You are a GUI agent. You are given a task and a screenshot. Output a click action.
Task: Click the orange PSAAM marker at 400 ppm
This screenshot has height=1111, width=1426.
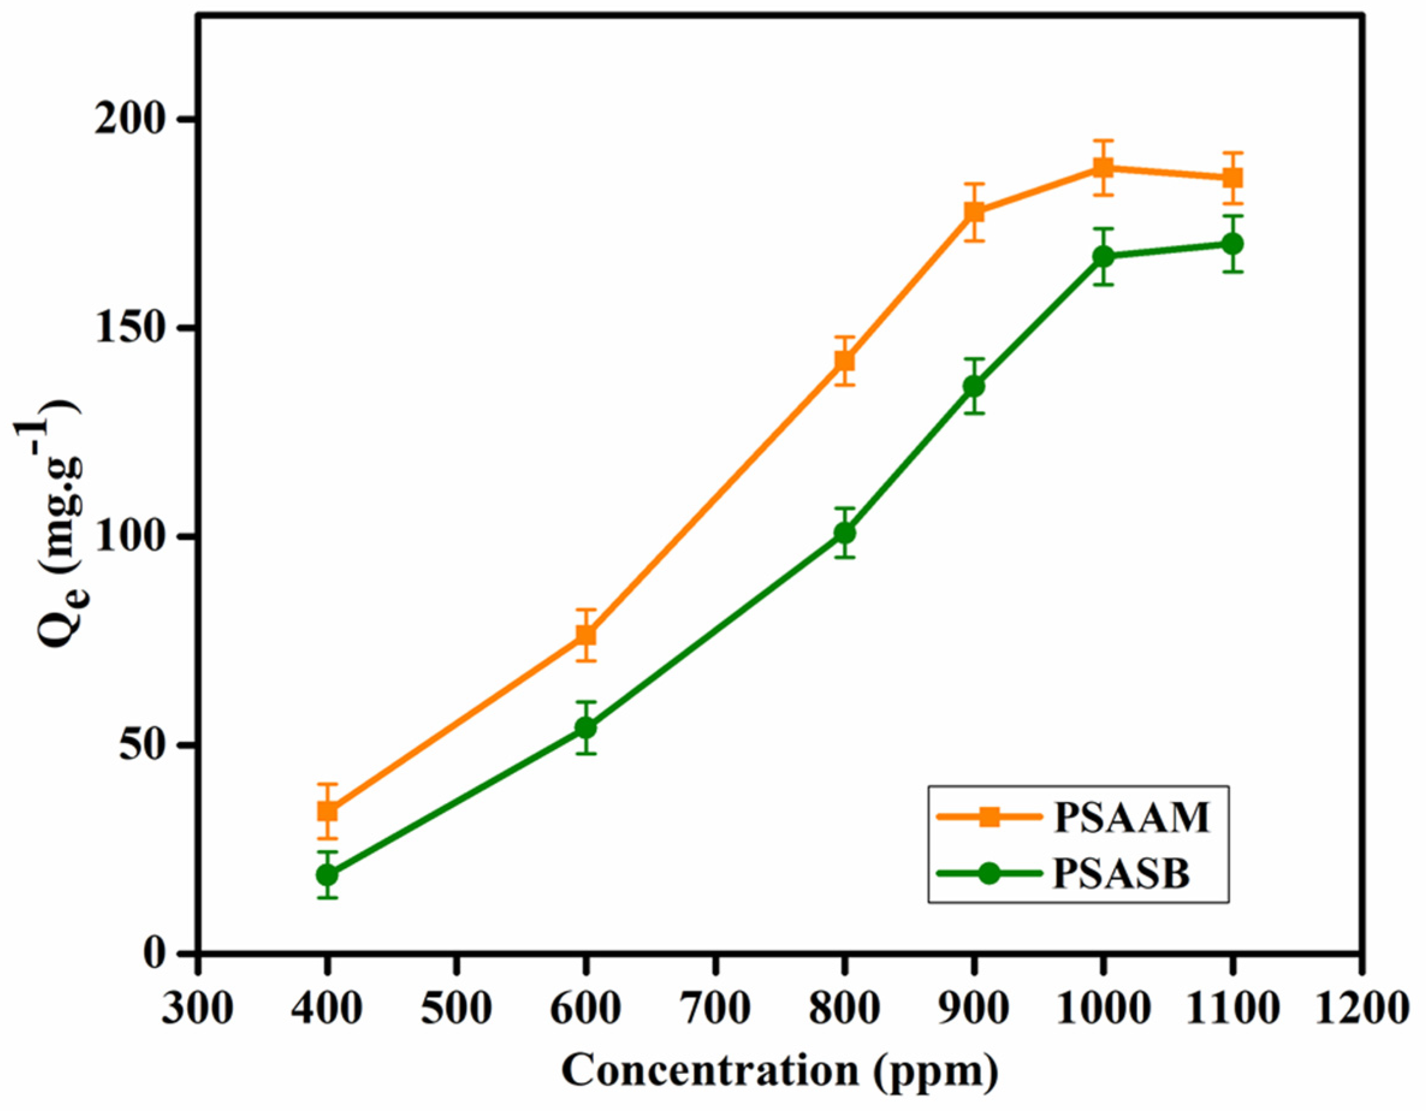coord(327,811)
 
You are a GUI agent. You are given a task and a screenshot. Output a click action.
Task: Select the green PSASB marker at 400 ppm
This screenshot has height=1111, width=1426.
coord(327,874)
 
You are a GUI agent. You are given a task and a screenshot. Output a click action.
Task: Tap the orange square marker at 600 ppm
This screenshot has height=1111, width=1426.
coord(586,634)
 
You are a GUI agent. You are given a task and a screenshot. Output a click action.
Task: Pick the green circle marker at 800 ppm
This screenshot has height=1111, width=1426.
coord(844,533)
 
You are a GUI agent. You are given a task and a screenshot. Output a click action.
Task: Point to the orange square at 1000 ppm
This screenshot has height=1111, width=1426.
coord(1103,168)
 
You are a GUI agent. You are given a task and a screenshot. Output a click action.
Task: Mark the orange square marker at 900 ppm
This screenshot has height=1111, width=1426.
coord(974,212)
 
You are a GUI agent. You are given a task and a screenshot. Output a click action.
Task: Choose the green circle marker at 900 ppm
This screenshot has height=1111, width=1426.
coord(974,386)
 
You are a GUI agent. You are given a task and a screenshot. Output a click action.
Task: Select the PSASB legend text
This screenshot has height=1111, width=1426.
coord(1121,874)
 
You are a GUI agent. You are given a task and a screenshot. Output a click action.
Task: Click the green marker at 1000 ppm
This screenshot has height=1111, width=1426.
coord(1103,257)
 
